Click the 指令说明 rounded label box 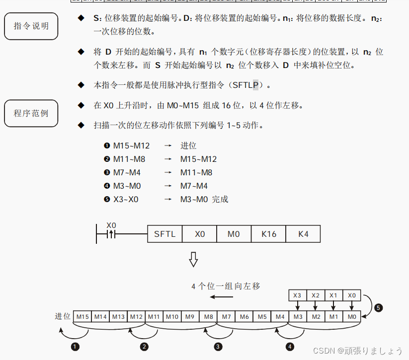(31, 26)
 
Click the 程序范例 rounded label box (31, 113)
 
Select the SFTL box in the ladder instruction (165, 233)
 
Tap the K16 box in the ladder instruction (268, 233)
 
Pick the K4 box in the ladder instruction (303, 233)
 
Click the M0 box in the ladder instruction (234, 233)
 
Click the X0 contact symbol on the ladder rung (111, 233)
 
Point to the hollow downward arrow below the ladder (193, 260)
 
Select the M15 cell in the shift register (82, 316)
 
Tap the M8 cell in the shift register (208, 316)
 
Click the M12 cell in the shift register (136, 316)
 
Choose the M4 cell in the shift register (280, 316)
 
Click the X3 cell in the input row (298, 295)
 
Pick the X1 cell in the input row (333, 295)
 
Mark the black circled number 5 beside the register (378, 308)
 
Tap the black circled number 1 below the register (76, 347)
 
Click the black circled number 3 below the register (218, 347)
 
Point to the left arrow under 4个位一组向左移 (221, 297)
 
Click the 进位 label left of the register (63, 316)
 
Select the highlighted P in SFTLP (256, 85)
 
